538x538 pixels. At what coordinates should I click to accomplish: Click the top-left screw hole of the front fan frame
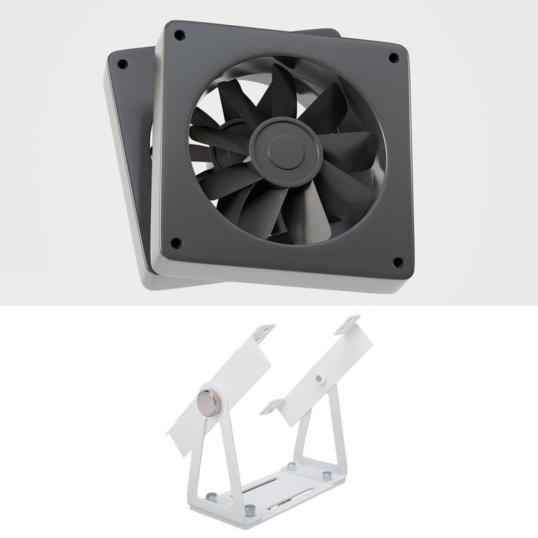[x=179, y=36]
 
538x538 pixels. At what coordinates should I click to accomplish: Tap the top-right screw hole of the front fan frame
[x=393, y=58]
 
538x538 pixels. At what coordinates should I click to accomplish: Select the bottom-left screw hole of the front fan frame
[x=176, y=243]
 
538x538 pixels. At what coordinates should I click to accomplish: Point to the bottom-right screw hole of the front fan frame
[x=398, y=262]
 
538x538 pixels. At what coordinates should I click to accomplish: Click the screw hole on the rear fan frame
[x=122, y=65]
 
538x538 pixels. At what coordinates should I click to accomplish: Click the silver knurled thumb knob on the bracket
[x=208, y=403]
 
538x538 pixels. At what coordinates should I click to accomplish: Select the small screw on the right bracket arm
[x=319, y=377]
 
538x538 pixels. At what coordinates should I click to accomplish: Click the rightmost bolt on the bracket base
[x=327, y=476]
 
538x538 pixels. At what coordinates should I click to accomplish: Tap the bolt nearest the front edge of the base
[x=250, y=509]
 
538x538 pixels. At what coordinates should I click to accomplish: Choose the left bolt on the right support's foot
[x=291, y=466]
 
